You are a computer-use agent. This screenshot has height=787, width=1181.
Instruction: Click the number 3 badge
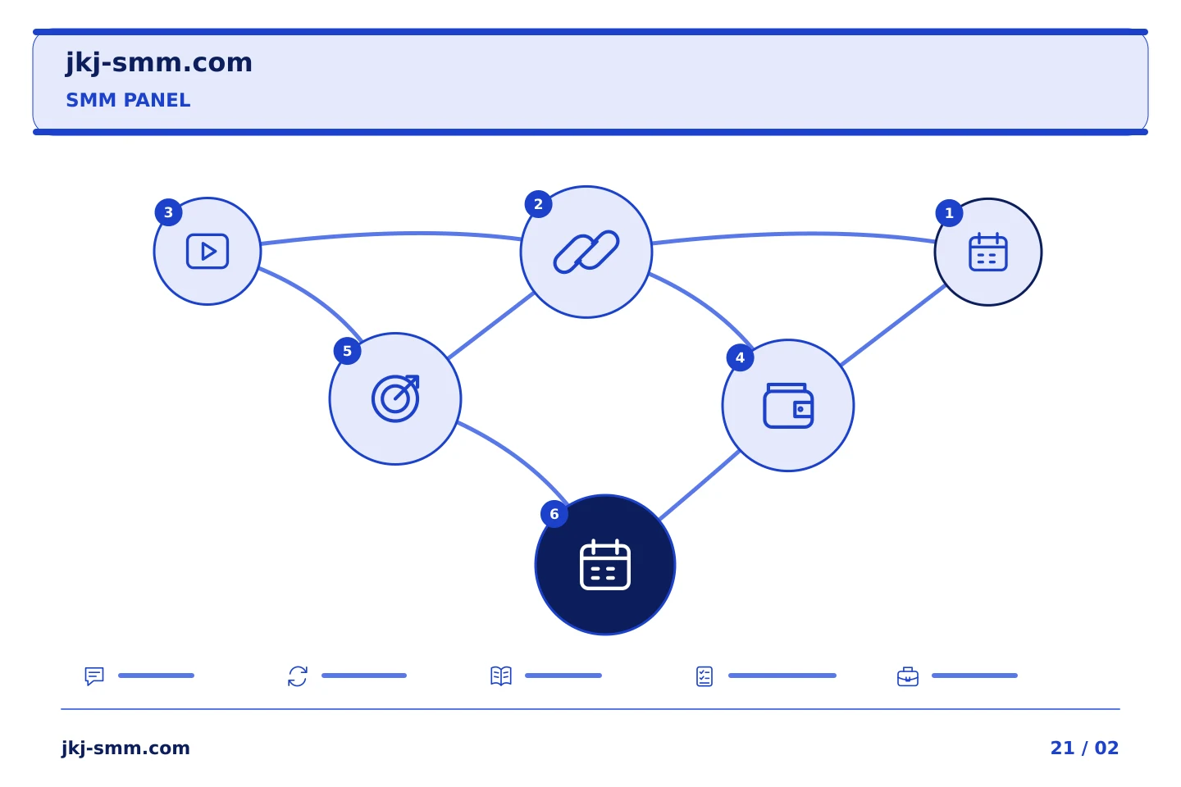coord(168,212)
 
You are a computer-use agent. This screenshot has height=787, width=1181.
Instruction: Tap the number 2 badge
coord(538,204)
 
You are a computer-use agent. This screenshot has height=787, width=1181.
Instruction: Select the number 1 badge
coord(949,213)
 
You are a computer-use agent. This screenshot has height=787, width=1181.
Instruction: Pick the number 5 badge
coord(347,351)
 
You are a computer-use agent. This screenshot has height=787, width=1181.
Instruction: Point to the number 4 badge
coord(741,358)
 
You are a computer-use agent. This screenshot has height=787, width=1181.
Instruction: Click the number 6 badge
coord(554,514)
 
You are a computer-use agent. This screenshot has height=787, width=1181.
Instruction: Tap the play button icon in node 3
coord(207,252)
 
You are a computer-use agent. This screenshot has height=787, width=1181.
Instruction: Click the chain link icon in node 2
coord(586,252)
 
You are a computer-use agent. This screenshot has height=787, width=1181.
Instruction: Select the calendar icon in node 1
coord(988,252)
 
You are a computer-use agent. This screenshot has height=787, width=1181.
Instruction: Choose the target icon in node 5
coord(395,398)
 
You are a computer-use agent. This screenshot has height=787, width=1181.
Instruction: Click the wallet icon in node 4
coord(788,405)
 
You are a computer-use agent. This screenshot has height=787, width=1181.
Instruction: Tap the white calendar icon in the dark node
coord(604,565)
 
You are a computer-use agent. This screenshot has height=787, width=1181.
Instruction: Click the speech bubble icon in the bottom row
coord(94,676)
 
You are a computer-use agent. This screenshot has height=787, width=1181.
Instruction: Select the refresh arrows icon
coord(298,676)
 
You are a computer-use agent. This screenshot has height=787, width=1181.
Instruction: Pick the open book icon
coord(501,676)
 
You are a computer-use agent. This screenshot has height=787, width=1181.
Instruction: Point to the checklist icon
coord(704,676)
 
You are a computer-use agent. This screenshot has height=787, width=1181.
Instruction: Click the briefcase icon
coord(908,677)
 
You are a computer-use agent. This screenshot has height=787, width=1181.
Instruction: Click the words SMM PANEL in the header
coord(128,100)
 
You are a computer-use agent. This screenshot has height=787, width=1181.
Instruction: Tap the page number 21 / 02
coord(1084,748)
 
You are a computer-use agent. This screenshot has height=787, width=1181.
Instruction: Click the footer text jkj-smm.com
coord(125,748)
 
